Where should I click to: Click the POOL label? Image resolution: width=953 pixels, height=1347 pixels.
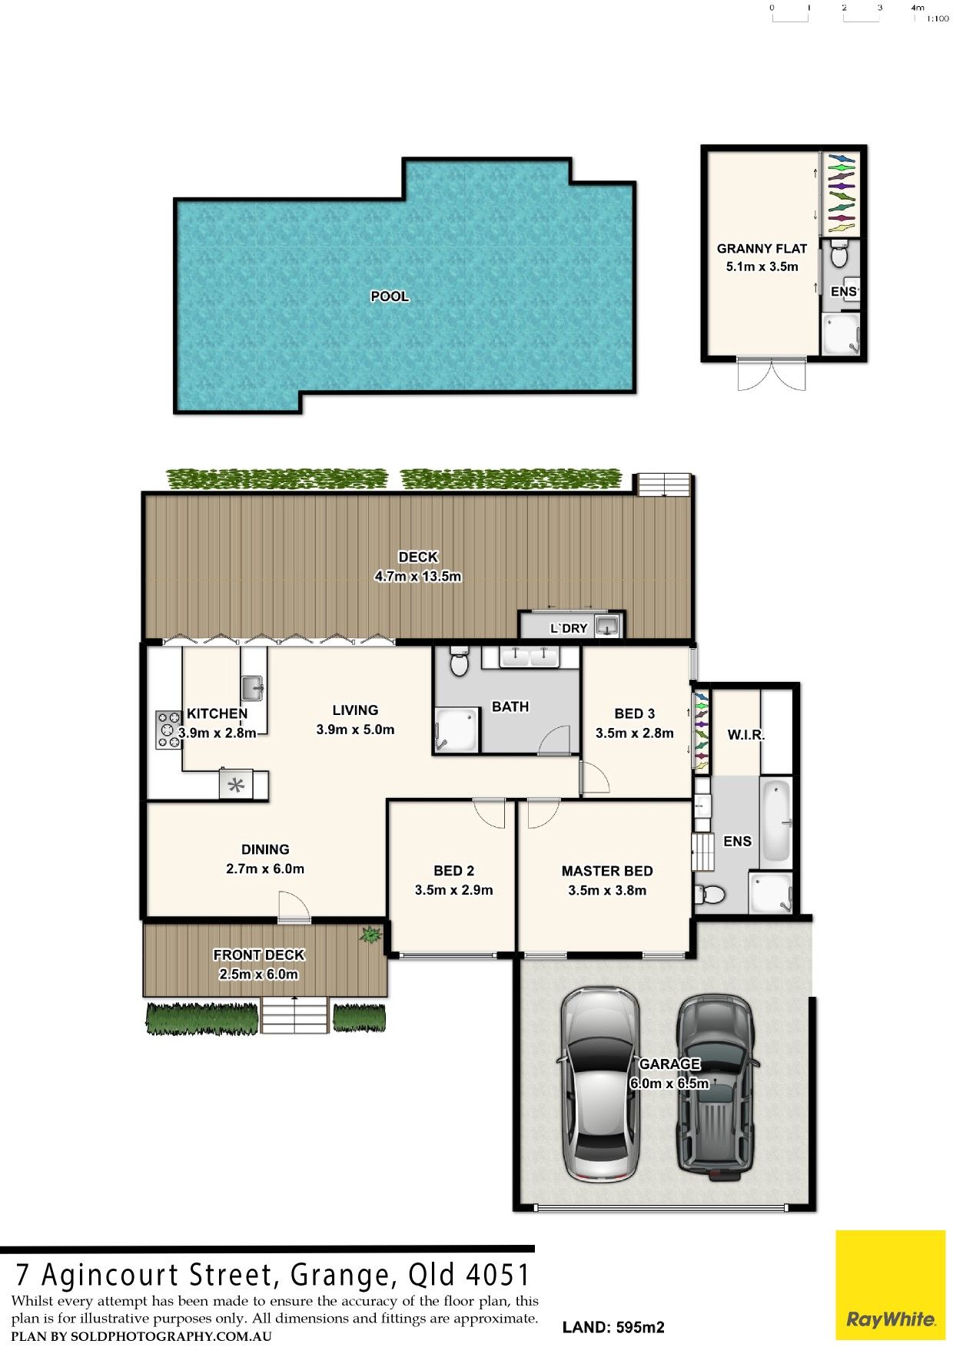point(390,296)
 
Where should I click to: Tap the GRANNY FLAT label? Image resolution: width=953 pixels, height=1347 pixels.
point(762,248)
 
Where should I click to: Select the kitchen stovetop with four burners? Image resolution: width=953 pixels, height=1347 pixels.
point(169,730)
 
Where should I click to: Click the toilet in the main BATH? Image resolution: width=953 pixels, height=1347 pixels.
point(459,660)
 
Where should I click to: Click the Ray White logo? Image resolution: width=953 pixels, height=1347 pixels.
point(890,1286)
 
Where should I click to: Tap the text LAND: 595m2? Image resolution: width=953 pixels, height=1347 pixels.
point(613,1327)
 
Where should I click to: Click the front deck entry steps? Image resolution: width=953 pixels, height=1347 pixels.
point(294,1014)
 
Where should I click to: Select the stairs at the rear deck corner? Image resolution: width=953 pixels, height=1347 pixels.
point(664,485)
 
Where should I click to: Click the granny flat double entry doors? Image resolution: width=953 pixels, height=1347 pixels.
point(772,375)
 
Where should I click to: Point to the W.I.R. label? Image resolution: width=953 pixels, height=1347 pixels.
point(745,735)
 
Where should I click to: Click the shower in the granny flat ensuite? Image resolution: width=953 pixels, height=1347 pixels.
point(841,336)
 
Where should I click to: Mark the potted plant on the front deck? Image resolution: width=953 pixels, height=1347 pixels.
point(371,935)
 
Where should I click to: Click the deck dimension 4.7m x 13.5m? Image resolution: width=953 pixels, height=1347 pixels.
point(418,576)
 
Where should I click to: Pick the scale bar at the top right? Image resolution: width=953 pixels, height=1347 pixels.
point(845,13)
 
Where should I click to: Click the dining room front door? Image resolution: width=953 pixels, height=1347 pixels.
point(294,906)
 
